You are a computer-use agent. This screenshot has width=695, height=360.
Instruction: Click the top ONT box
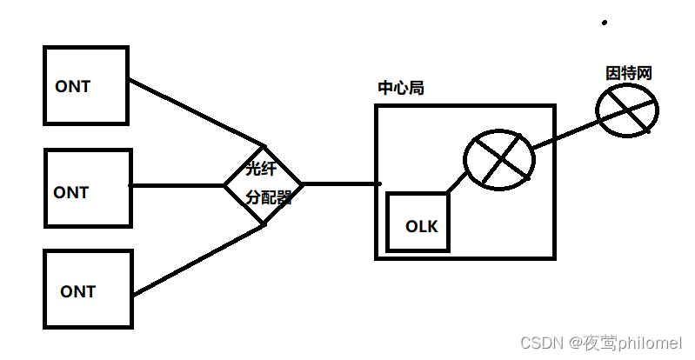[x=86, y=84]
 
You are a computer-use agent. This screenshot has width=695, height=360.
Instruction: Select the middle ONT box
[x=88, y=189]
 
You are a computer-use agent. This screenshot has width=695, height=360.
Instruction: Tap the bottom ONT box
[x=89, y=290]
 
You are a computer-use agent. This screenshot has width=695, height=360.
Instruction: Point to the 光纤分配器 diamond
[x=264, y=183]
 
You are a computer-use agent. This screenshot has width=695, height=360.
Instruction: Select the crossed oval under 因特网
[x=627, y=110]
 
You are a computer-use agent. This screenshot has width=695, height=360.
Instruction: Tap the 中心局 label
[x=401, y=88]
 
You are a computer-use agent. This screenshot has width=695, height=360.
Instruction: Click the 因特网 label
[x=629, y=73]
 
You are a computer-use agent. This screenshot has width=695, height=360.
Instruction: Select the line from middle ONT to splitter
[x=177, y=185]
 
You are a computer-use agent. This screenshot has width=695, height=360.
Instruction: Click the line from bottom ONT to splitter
[x=198, y=259]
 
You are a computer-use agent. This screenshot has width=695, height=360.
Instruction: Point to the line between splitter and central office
[x=341, y=184]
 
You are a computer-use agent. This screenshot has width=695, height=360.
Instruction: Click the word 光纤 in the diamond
[x=261, y=169]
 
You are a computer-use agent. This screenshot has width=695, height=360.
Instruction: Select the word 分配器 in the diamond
[x=268, y=197]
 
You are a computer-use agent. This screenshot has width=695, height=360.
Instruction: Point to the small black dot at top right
[x=605, y=23]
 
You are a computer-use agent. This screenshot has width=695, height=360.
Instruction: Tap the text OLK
[x=422, y=227]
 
